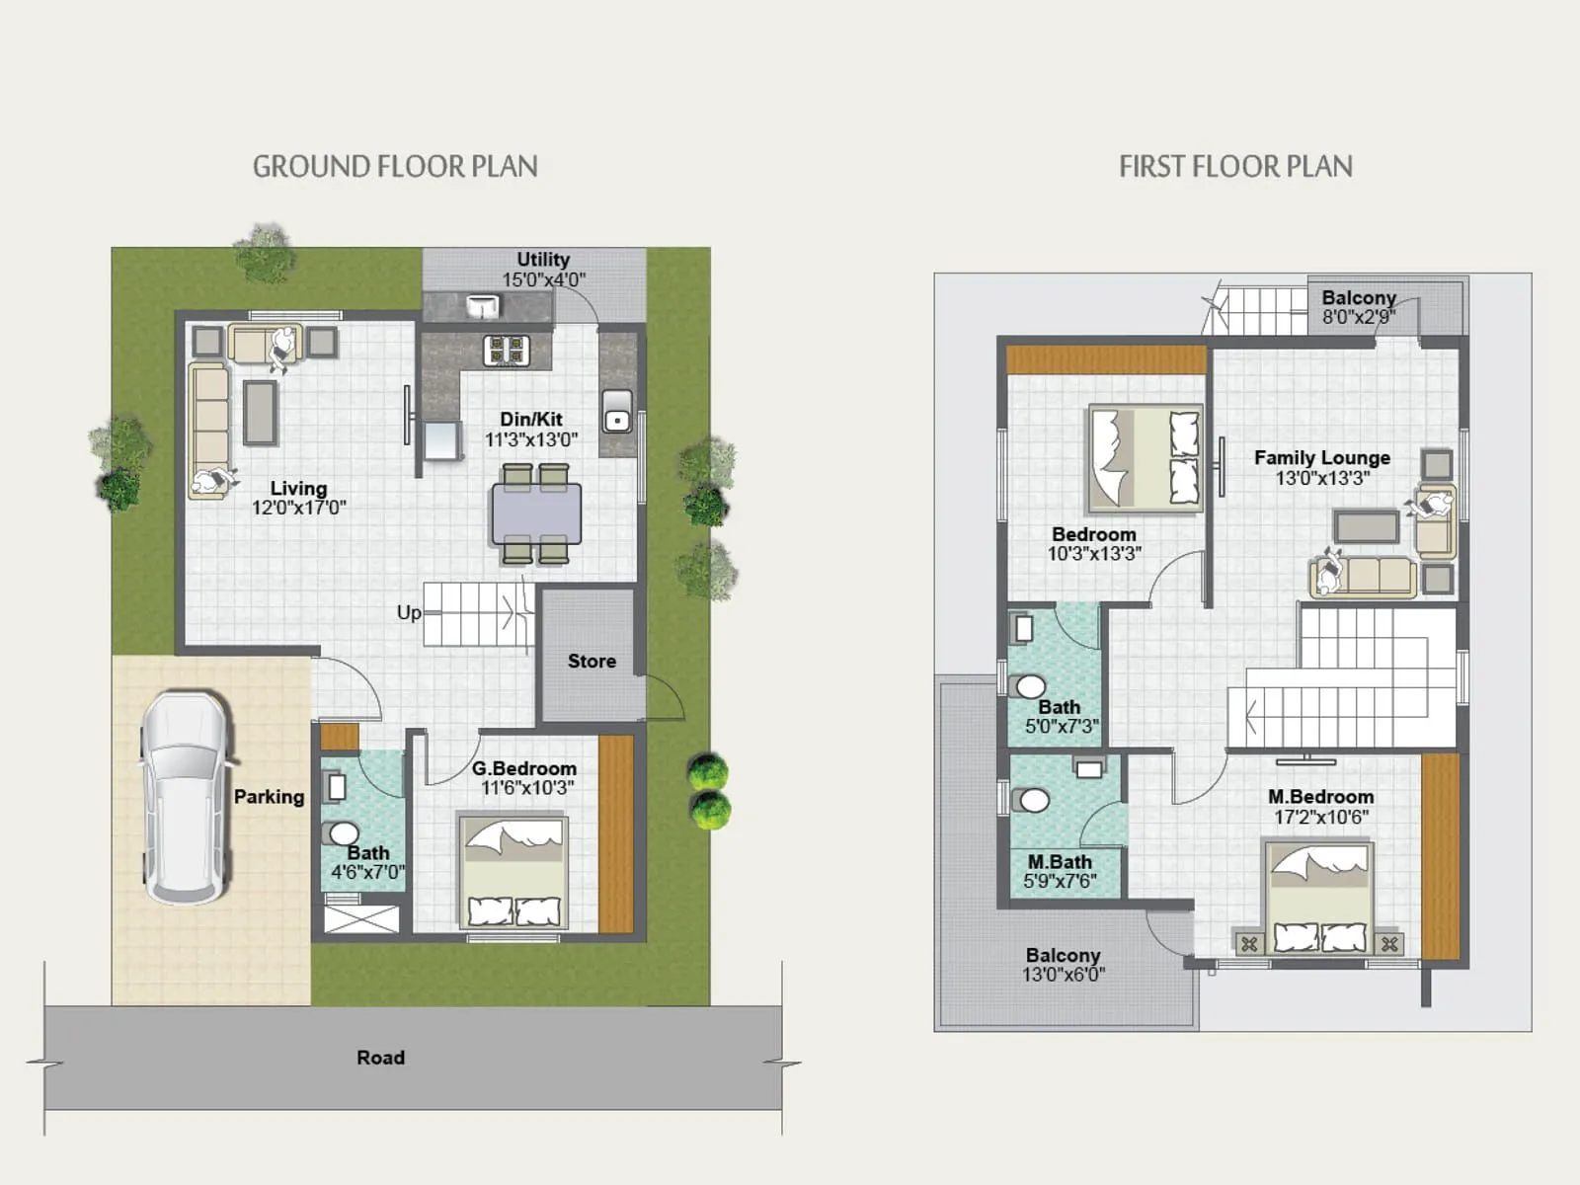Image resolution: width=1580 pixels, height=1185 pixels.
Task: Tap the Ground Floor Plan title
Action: pos(395,166)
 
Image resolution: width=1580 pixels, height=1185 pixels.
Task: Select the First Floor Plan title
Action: pos(1235,166)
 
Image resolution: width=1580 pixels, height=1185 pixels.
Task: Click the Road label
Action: pos(380,1058)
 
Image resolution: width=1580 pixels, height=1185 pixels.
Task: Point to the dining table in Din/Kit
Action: pos(536,513)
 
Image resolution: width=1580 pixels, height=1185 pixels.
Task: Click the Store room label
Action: pos(592,661)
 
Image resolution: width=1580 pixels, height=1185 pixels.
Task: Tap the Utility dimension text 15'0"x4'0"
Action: pos(543,279)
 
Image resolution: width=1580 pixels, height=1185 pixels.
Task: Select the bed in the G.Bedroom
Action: pos(513,872)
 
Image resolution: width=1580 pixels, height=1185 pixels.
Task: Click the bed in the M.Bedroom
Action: pos(1319,897)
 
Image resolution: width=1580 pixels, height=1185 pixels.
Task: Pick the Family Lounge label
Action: pos(1321,457)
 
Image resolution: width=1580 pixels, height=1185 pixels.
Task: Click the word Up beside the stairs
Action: pos(408,612)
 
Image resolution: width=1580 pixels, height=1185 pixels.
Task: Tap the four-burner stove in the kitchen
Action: pos(507,349)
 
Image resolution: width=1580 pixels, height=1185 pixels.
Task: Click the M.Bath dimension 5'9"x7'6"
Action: pos(1060,881)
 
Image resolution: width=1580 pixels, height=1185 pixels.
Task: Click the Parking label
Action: pos(269,796)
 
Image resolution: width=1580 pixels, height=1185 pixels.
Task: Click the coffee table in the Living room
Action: pos(261,412)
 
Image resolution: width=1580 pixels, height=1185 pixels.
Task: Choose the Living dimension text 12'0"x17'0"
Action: pos(298,508)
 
